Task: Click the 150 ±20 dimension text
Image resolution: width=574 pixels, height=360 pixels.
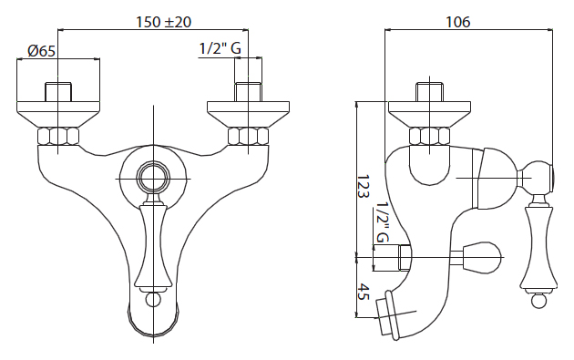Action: click(164, 22)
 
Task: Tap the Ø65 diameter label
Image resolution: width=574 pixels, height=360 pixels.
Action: click(41, 50)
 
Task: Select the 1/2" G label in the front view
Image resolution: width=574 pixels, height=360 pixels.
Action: click(220, 48)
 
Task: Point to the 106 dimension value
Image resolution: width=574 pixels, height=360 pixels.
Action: click(457, 22)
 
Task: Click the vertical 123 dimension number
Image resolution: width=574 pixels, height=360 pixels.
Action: click(363, 186)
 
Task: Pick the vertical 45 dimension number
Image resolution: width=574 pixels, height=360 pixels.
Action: click(363, 292)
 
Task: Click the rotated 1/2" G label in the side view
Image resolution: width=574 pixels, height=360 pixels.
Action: click(382, 222)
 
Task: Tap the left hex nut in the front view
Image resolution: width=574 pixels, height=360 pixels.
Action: click(57, 136)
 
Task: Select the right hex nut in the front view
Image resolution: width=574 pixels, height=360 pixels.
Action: click(248, 136)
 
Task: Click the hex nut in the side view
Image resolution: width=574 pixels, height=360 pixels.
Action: click(429, 136)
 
